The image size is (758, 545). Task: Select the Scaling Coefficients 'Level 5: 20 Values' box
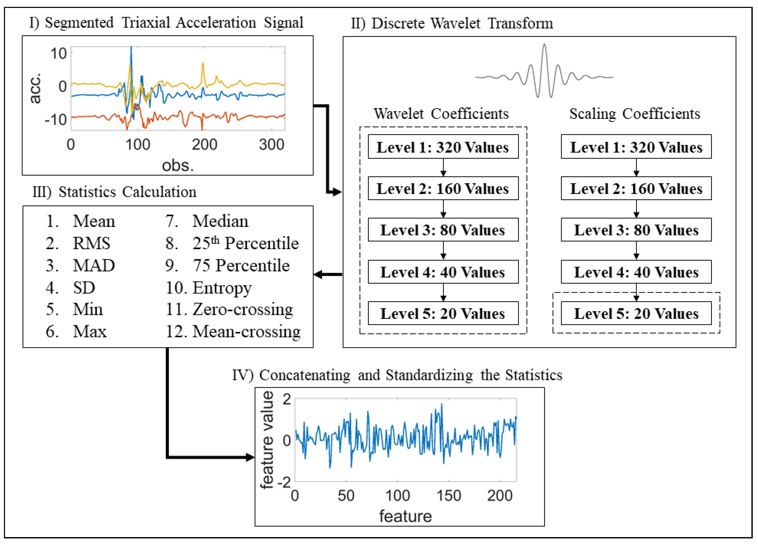[x=636, y=313]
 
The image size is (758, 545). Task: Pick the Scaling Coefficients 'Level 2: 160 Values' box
[x=636, y=189]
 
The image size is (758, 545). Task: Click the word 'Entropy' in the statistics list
[x=222, y=288]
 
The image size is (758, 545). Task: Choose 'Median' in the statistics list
[x=220, y=221]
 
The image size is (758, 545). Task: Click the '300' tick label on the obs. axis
[x=271, y=144]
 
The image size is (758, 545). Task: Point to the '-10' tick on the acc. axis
[x=56, y=119]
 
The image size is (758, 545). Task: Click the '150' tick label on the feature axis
[x=449, y=495]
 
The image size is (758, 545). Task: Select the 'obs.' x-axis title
[x=178, y=165]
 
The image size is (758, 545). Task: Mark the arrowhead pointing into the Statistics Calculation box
[x=318, y=275]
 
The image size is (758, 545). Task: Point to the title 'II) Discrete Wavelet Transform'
[x=452, y=23]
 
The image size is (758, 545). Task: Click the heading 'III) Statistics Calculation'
[x=114, y=192]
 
